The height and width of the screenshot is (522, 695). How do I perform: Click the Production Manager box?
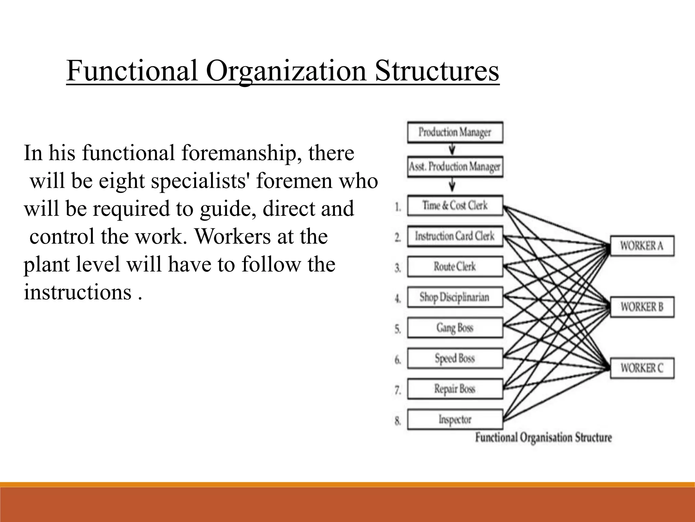tap(455, 132)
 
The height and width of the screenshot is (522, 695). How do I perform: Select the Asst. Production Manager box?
tap(455, 167)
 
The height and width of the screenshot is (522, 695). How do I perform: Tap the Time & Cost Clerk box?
tap(455, 206)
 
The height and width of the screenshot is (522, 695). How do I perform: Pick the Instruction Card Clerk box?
tap(455, 236)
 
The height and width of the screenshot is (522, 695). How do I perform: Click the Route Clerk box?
tap(455, 267)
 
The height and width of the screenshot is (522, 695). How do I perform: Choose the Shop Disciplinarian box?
tap(455, 297)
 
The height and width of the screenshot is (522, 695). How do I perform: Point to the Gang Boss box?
tap(455, 328)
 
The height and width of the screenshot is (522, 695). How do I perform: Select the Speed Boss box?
tap(455, 359)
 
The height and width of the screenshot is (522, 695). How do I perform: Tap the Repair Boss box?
tap(455, 389)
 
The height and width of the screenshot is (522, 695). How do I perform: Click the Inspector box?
tap(455, 419)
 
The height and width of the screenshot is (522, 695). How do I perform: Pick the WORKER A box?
tap(642, 246)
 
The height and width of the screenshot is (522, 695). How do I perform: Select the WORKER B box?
tap(642, 307)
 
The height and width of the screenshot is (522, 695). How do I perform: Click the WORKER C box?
tap(642, 368)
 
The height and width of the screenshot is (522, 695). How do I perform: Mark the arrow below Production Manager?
tap(452, 150)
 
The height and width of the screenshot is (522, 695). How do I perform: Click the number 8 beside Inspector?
tap(398, 421)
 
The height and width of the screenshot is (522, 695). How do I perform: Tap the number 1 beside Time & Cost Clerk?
tap(398, 207)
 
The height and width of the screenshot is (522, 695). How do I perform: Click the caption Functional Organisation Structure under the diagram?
tap(543, 437)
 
